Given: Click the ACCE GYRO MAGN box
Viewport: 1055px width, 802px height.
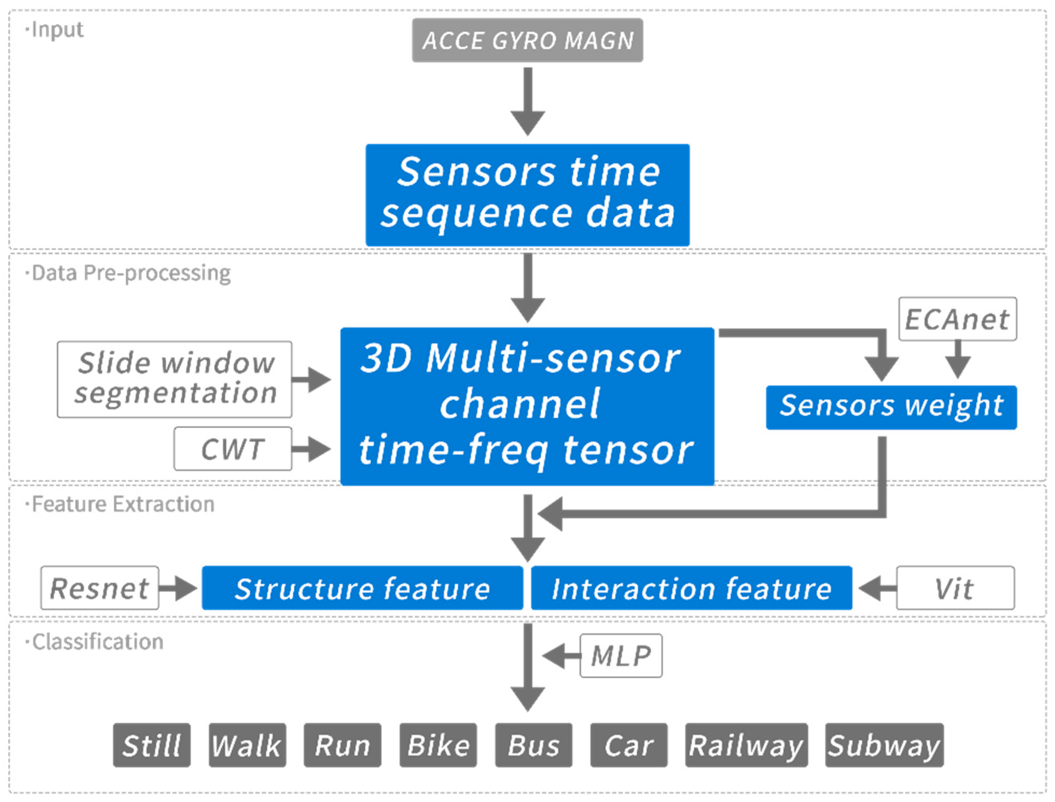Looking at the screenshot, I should pyautogui.click(x=527, y=40).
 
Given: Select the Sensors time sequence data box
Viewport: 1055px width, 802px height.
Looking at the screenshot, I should pyautogui.click(x=527, y=195).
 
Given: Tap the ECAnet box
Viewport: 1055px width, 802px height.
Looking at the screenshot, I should pyautogui.click(x=957, y=319).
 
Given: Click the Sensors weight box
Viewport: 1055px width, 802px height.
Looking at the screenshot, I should pyautogui.click(x=891, y=407).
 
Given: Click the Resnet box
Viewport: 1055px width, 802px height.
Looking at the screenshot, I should pyautogui.click(x=99, y=588).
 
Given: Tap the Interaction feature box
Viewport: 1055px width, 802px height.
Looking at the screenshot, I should pyautogui.click(x=691, y=588).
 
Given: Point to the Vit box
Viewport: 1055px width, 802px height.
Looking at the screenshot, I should pyautogui.click(x=955, y=588).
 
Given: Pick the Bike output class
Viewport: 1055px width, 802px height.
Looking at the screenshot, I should pyautogui.click(x=438, y=745).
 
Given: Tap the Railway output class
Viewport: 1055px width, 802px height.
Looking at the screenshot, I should pyautogui.click(x=746, y=745).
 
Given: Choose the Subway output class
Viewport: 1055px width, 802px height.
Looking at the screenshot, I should pyautogui.click(x=884, y=745).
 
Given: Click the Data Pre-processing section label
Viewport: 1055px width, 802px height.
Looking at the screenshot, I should pyautogui.click(x=131, y=273).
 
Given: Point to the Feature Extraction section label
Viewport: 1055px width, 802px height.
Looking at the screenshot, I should pyautogui.click(x=123, y=504).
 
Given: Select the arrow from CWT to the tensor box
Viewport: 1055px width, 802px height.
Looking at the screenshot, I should pyautogui.click(x=311, y=448).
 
